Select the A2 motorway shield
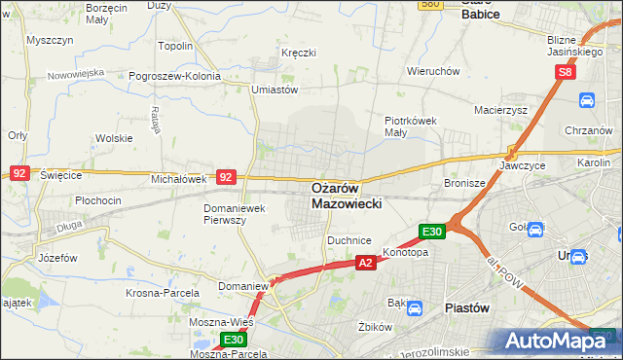365,263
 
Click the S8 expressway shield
567,72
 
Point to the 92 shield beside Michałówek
226,177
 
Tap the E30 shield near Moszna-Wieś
233,339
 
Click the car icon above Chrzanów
587,100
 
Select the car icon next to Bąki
414,309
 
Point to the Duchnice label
349,238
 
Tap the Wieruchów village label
433,71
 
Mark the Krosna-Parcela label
163,292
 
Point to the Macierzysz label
500,110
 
